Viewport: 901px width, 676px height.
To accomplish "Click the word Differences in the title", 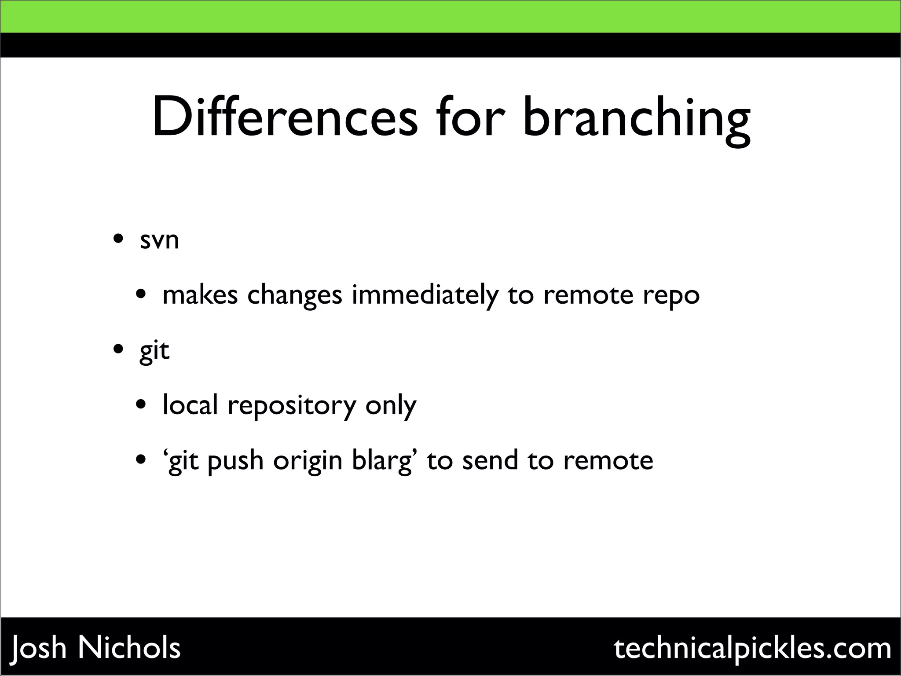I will pos(284,118).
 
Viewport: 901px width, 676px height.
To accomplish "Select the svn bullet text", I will pos(159,240).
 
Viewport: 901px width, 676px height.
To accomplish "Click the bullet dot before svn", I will pos(118,240).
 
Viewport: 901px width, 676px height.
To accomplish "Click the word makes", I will pos(200,295).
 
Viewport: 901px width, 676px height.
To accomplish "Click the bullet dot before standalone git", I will pos(118,350).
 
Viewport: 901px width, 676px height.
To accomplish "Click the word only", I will pos(391,405).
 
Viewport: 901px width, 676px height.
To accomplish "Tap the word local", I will pos(190,404).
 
